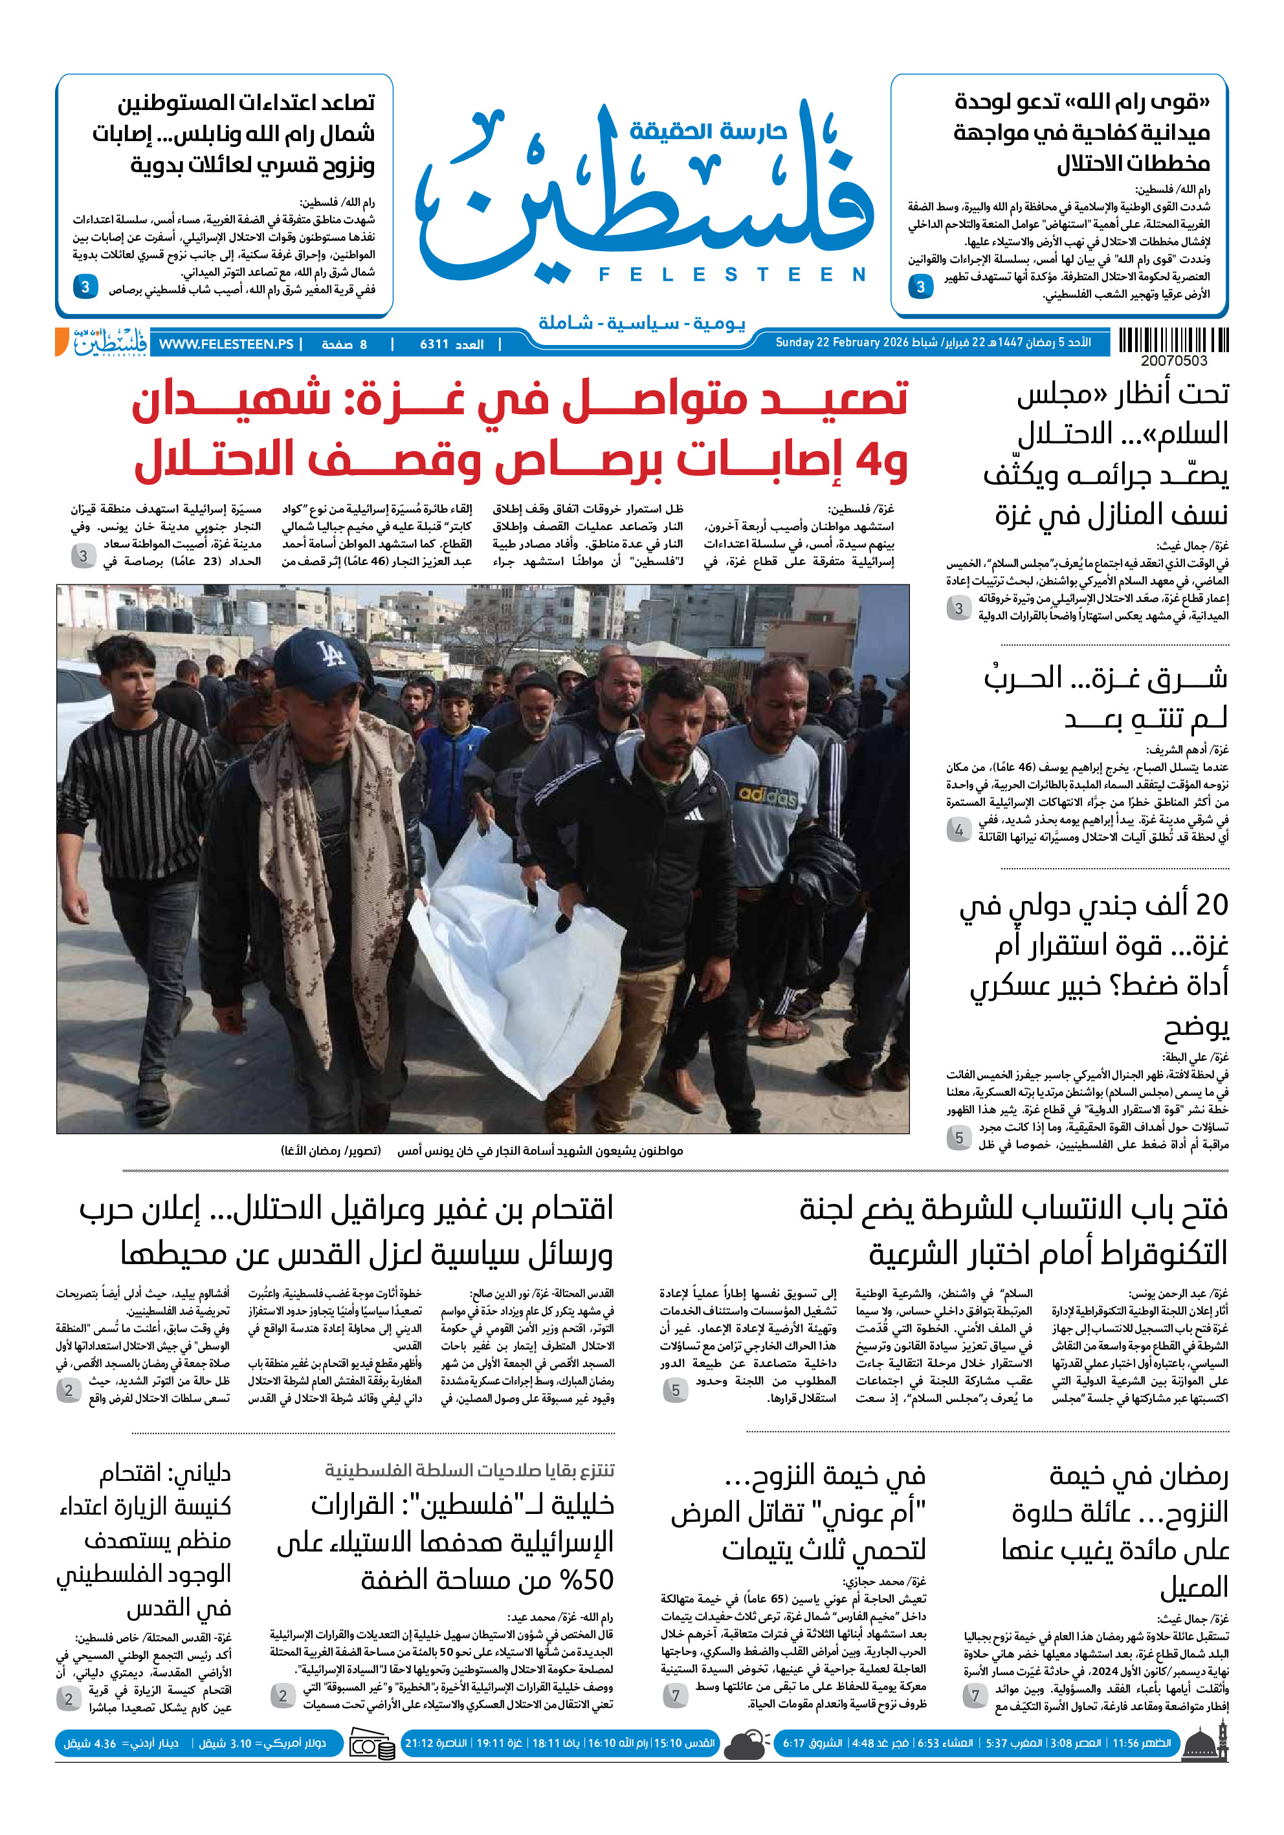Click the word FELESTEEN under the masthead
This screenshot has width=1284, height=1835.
[x=732, y=275]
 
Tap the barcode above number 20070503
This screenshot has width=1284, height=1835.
[x=1173, y=340]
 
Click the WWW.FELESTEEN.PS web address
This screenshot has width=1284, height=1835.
[x=226, y=344]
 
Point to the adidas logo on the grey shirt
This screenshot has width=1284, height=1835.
[x=766, y=795]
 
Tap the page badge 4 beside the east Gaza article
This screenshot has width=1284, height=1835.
[x=959, y=830]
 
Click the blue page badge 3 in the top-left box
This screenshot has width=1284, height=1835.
[x=85, y=286]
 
